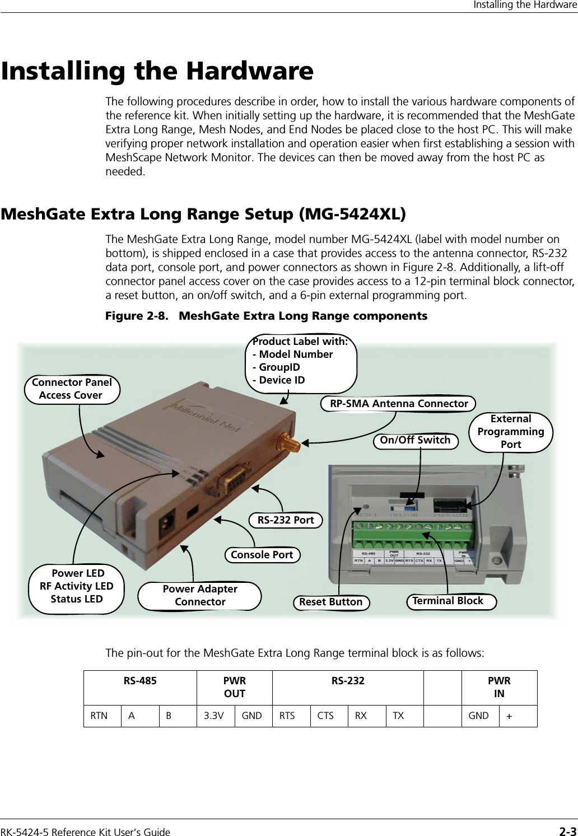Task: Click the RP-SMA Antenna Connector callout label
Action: pos(398,404)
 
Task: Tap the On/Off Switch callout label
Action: pos(415,441)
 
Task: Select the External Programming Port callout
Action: pos(510,432)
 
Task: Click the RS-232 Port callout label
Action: pos(286,520)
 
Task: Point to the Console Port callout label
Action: pos(262,555)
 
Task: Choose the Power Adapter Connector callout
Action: pos(200,596)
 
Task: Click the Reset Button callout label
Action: pos(331,603)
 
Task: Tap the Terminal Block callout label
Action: pos(448,601)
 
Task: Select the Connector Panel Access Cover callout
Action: pos(72,389)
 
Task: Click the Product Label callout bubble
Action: pos(301,361)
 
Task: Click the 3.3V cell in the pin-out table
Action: pos(216,716)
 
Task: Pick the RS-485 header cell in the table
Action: pos(140,681)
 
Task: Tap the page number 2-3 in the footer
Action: pos(567,832)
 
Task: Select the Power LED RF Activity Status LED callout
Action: pos(77,586)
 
